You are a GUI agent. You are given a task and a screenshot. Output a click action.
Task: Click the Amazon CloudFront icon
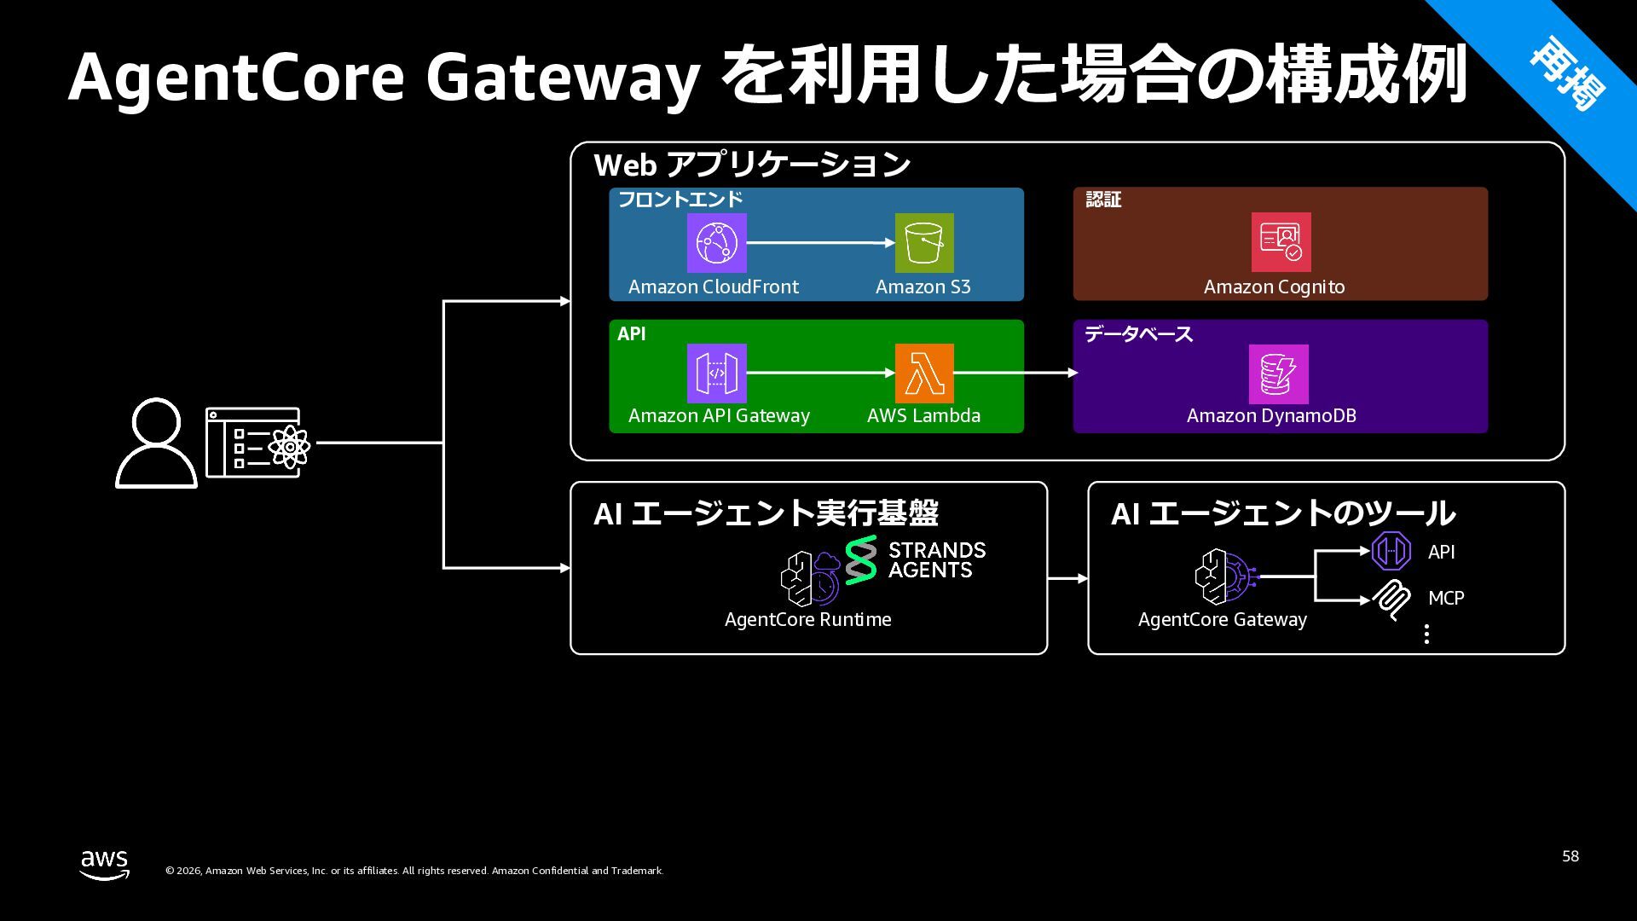tap(716, 243)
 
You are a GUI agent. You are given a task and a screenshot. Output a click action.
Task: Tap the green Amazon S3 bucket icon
tap(924, 243)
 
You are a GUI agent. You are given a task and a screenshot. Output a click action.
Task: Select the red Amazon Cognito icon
tap(1281, 242)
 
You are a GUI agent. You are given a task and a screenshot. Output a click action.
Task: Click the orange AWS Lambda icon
tap(924, 374)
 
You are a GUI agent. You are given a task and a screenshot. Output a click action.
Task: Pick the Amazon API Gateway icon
tap(716, 374)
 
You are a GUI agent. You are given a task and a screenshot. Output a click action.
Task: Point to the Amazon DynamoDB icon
tap(1278, 374)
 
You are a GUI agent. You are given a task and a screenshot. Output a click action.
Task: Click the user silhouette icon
tap(156, 443)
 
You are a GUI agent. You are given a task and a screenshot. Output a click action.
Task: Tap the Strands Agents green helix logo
tap(861, 559)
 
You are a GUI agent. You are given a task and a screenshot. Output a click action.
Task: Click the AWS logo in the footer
tap(105, 864)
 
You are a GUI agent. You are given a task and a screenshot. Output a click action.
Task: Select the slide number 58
tap(1570, 856)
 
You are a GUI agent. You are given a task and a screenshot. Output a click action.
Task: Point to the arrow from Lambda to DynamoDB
tap(1015, 373)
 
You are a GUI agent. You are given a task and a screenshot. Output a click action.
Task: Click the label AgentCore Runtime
tap(807, 620)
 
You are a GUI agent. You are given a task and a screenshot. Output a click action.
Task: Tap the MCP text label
tap(1446, 599)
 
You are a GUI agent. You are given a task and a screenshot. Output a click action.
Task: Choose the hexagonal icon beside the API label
tap(1391, 551)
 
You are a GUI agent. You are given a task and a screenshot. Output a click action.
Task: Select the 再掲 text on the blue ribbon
tap(1567, 75)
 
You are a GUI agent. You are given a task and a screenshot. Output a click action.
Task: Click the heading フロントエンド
tap(680, 200)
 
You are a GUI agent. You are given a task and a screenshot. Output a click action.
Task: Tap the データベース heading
tap(1137, 334)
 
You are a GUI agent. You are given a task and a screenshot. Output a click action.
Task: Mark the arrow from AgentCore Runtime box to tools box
tap(1067, 578)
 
